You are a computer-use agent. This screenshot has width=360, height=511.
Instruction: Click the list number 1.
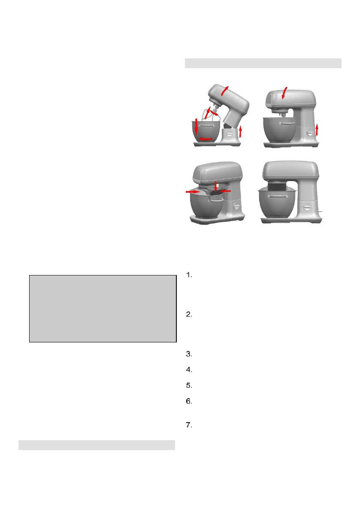(x=189, y=276)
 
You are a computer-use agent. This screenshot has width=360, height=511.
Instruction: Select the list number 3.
(x=189, y=354)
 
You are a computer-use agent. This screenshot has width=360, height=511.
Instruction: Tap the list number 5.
(x=189, y=385)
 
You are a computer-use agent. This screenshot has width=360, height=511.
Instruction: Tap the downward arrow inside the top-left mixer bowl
(x=197, y=125)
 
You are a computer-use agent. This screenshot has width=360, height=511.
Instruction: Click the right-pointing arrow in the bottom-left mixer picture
(x=193, y=193)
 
